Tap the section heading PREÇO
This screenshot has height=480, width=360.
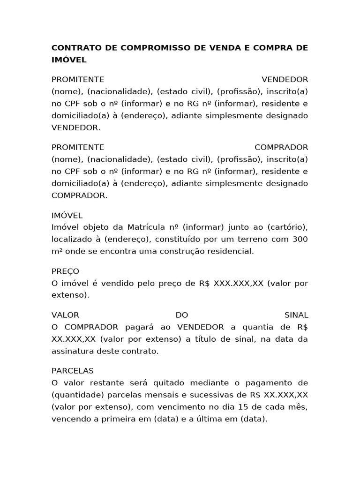(x=65, y=271)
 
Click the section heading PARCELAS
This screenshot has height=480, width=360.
(x=73, y=370)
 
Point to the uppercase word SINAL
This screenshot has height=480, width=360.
(x=296, y=315)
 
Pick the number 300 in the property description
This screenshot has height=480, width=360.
(x=300, y=239)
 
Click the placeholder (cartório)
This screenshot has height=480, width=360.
(x=287, y=227)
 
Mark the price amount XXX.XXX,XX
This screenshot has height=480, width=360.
(x=239, y=283)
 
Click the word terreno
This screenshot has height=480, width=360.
(x=247, y=239)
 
